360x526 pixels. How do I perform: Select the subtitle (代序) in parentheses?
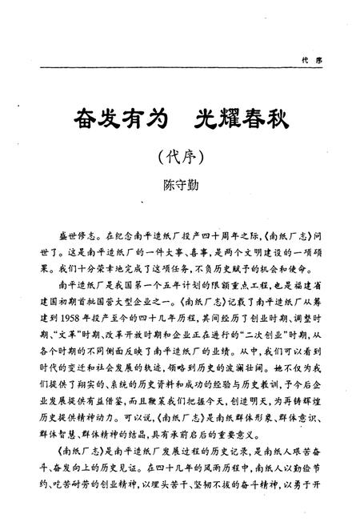180,157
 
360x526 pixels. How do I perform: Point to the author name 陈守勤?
179,185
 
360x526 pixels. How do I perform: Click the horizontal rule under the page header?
180,68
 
